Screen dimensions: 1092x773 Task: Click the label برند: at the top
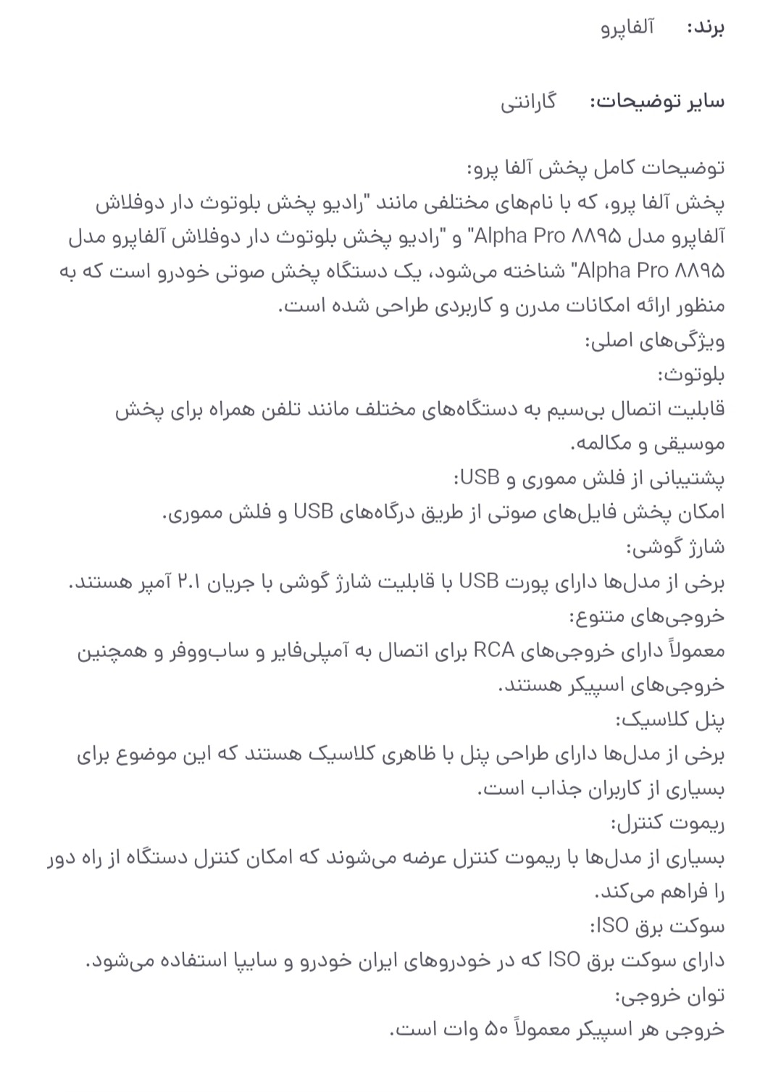click(x=705, y=28)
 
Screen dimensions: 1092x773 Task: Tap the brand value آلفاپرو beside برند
click(x=627, y=28)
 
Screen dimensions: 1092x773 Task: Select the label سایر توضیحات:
click(x=657, y=102)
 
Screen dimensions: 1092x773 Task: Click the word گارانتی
click(x=528, y=102)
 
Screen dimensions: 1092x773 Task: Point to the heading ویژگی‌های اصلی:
click(x=654, y=341)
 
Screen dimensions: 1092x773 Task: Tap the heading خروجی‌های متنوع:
click(x=646, y=617)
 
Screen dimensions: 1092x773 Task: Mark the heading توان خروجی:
click(x=669, y=997)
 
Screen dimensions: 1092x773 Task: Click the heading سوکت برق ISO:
click(x=657, y=927)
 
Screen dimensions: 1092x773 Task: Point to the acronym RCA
click(x=493, y=651)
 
